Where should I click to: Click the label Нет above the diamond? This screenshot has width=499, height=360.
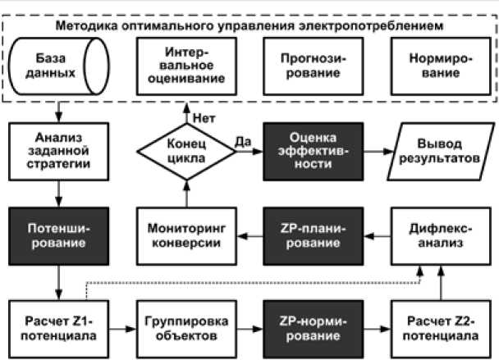(201, 117)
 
